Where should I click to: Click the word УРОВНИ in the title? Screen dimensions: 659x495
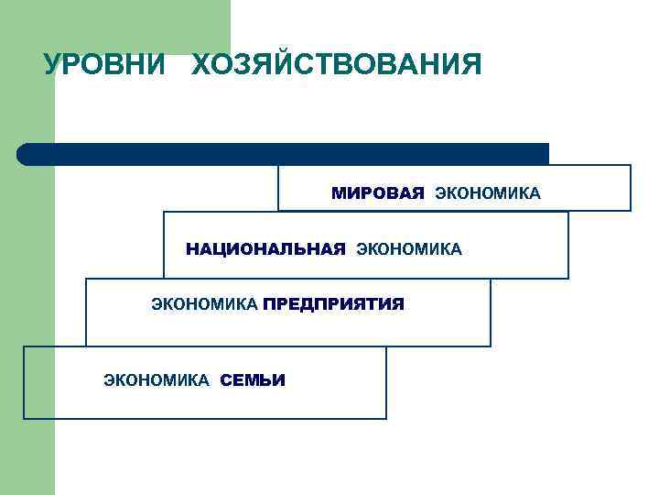tap(104, 65)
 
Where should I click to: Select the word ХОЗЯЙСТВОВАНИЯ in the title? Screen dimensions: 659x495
tap(337, 65)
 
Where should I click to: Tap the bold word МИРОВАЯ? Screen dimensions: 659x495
tap(378, 193)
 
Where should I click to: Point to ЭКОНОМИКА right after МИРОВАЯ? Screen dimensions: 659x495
tap(488, 193)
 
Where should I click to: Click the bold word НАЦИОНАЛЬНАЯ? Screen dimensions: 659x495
tap(265, 248)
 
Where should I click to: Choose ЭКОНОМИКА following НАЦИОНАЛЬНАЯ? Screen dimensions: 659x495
tap(409, 248)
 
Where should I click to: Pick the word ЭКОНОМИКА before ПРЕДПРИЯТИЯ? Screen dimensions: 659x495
tap(204, 303)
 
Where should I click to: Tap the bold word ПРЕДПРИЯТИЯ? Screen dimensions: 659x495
tap(333, 303)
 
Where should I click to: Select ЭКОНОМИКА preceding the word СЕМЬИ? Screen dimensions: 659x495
tap(157, 379)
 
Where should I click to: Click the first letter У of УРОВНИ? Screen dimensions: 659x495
tap(51, 65)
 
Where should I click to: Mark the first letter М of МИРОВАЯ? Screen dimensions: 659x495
tap(338, 193)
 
